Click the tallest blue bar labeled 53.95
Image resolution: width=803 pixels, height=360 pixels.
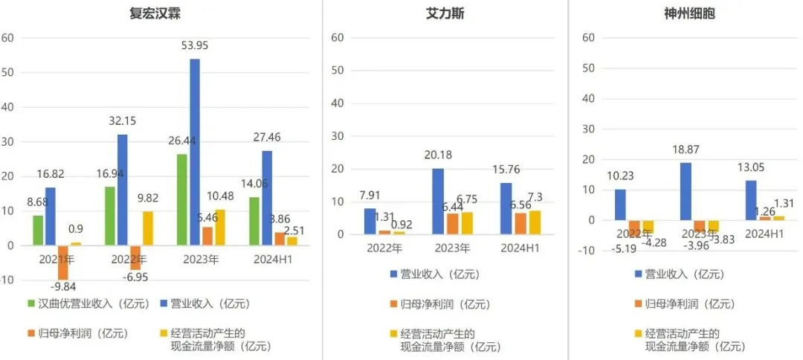(x=195, y=152)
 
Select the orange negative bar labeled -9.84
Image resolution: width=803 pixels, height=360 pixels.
(x=63, y=262)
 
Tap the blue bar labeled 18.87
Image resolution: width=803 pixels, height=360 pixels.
(x=685, y=191)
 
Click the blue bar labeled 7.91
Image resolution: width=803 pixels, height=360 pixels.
(x=370, y=221)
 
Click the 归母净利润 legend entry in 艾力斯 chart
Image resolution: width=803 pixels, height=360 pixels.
(x=431, y=303)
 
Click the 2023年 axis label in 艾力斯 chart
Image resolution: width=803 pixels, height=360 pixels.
(x=451, y=248)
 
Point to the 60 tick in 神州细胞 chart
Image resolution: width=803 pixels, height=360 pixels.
(x=589, y=37)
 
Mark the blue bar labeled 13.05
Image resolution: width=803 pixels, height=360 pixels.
(x=751, y=200)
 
